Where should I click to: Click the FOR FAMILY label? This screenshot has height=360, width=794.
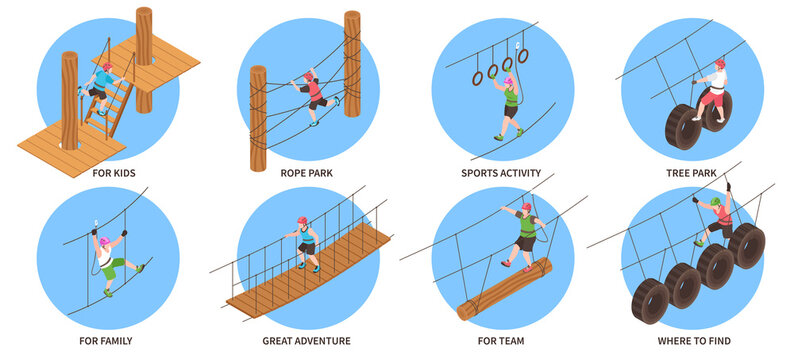tap(106, 341)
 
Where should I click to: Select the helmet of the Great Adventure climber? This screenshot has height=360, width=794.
tap(301, 220)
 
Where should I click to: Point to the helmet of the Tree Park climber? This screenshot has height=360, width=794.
tap(719, 64)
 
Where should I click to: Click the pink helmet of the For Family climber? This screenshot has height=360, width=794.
tap(103, 241)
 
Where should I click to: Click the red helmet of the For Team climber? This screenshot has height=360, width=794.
tap(526, 208)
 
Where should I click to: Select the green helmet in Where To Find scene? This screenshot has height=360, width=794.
tap(716, 201)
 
